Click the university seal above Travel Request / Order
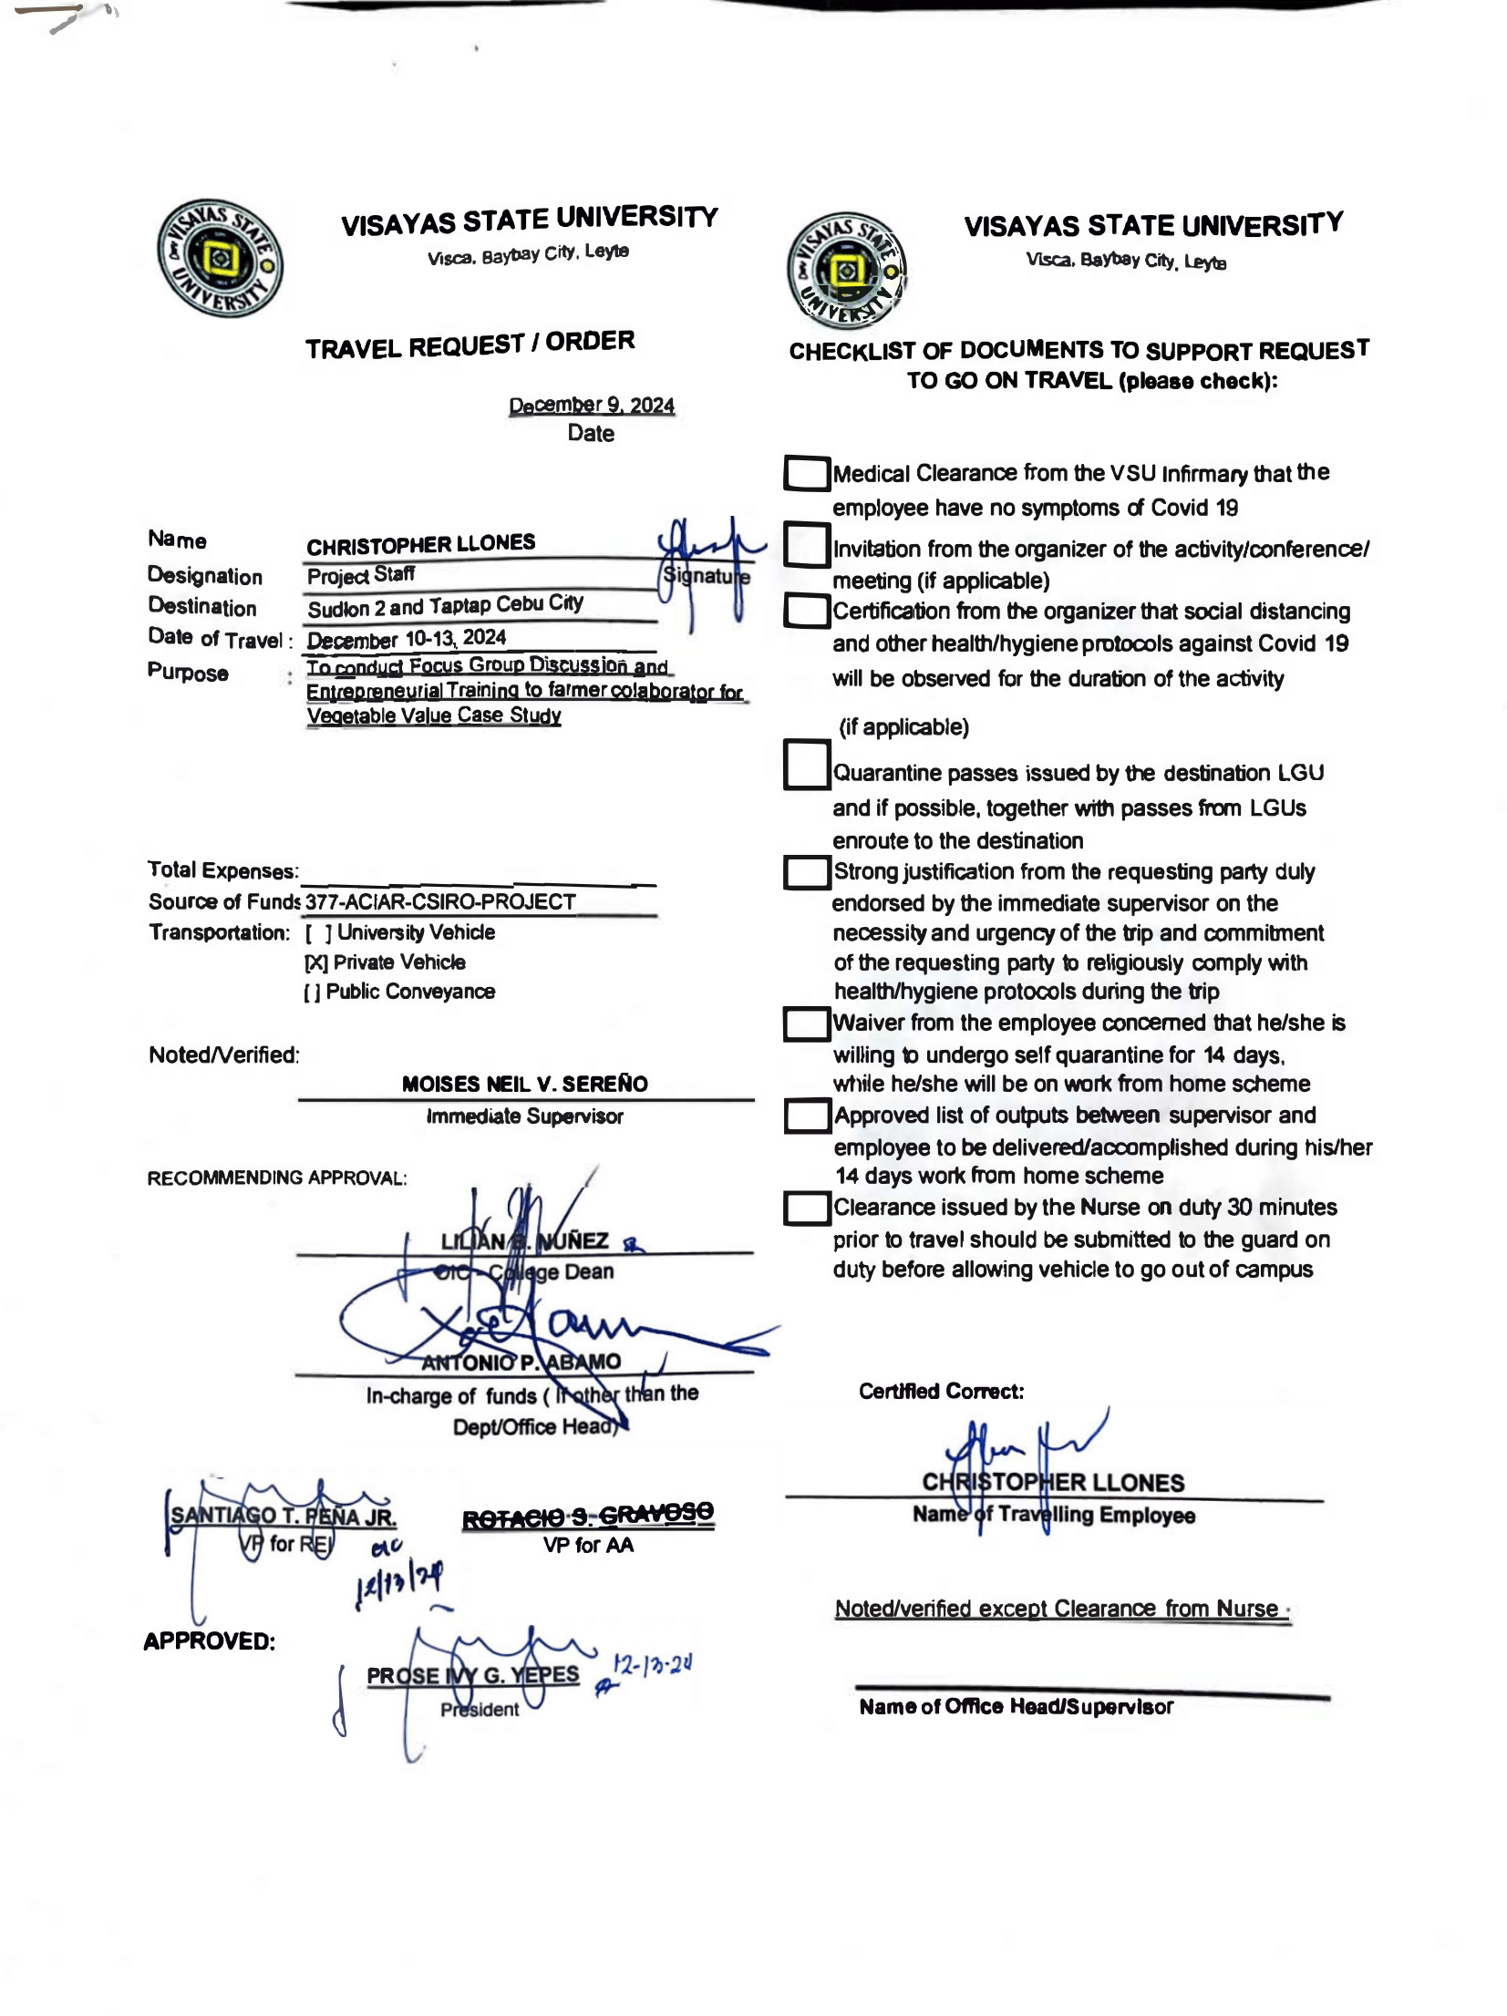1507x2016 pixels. point(220,259)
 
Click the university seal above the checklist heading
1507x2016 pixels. point(846,270)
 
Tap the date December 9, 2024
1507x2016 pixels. point(591,405)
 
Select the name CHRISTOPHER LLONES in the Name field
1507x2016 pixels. point(420,545)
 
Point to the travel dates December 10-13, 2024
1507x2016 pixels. point(407,638)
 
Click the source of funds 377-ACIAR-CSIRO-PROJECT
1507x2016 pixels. point(440,902)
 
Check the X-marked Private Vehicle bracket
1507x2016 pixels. point(315,962)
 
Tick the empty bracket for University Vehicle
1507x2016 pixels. point(318,933)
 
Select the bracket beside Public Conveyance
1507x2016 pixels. point(312,993)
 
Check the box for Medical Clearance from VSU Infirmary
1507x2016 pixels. point(806,473)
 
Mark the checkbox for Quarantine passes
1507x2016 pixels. point(806,765)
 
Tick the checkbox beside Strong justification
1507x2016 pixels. point(806,872)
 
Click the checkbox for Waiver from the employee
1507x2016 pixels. point(806,1023)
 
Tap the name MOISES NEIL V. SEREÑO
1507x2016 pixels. point(524,1084)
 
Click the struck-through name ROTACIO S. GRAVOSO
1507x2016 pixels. point(588,1516)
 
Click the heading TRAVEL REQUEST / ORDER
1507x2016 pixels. point(470,345)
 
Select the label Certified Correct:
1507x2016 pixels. point(941,1392)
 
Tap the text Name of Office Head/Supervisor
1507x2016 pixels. point(1016,1707)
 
